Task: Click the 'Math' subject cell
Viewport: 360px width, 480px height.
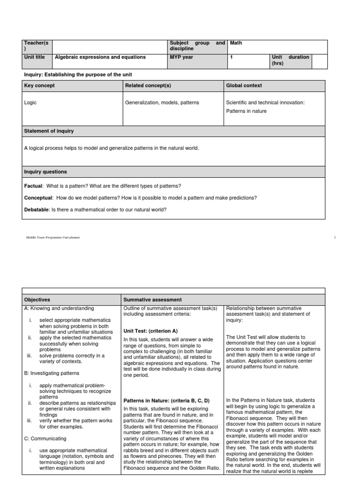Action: click(x=236, y=43)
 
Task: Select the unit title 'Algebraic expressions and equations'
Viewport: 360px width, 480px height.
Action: click(x=100, y=57)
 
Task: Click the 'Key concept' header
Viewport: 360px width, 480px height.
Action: click(x=39, y=85)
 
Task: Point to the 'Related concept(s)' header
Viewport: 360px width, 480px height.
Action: click(x=148, y=85)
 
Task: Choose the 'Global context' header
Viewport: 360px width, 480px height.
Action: click(x=244, y=85)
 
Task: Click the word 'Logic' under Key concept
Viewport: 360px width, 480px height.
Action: click(x=30, y=103)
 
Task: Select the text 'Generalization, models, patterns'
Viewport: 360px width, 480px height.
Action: click(x=162, y=103)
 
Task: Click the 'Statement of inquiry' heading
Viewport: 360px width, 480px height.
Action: click(x=49, y=131)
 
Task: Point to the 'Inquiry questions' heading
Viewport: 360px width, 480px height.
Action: click(x=45, y=172)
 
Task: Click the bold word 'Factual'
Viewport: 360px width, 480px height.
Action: click(x=33, y=186)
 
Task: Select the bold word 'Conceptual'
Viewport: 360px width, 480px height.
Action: click(x=38, y=198)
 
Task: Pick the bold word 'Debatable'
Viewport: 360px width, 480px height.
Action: click(x=37, y=209)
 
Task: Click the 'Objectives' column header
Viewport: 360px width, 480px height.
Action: click(x=37, y=300)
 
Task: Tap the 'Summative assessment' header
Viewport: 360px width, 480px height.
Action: click(x=152, y=300)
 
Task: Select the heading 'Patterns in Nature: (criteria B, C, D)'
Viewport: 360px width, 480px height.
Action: click(x=166, y=401)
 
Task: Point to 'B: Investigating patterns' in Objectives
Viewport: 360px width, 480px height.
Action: click(x=52, y=373)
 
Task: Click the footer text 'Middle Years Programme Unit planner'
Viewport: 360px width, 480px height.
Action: click(x=53, y=238)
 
